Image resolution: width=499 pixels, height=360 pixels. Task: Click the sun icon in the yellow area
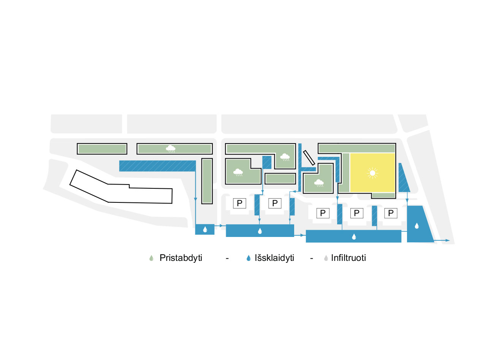pos(372,173)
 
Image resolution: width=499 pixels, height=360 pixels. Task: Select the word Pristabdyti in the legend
pos(181,258)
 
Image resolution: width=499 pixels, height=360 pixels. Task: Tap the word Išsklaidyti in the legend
pos(274,258)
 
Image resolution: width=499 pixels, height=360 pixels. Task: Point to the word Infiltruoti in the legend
pos(349,258)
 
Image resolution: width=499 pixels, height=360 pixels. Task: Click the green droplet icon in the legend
pos(152,258)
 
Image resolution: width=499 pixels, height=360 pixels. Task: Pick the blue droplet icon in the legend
pos(249,258)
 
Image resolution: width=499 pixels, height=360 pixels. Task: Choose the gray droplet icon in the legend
pos(326,258)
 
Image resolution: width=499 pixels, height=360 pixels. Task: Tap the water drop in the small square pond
pos(205,229)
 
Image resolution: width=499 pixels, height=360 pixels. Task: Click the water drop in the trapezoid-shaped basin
pos(417,226)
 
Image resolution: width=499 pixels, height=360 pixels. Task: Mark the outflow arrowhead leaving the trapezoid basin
pos(448,240)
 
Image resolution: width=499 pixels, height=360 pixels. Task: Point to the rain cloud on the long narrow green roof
pos(171,148)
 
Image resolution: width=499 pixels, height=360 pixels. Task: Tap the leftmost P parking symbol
pos(239,203)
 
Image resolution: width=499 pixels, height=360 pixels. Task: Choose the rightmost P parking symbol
pos(391,213)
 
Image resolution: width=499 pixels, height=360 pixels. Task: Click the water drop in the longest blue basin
pos(354,237)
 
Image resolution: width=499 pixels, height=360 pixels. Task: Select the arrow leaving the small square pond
pos(221,226)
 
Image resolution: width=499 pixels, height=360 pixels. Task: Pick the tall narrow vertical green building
pos(206,181)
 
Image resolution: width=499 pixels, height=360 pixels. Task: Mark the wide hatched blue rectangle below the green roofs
pos(157,166)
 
